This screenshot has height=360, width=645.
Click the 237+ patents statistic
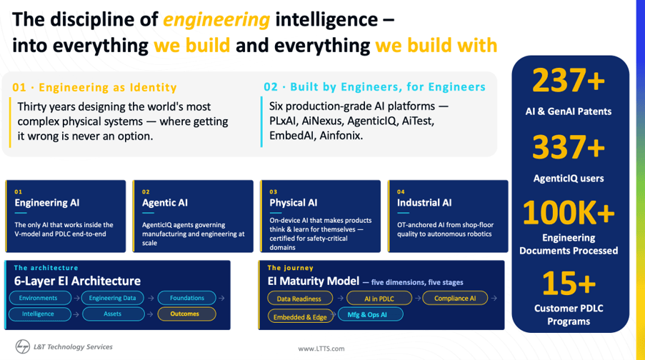[x=569, y=81]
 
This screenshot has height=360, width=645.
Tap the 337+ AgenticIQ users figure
[x=569, y=147]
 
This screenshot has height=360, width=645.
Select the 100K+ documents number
[x=569, y=213]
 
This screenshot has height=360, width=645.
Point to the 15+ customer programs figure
[x=569, y=283]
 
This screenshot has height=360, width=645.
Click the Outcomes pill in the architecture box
[x=186, y=314]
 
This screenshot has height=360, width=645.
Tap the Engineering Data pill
[x=113, y=298]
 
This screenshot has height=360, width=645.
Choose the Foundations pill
[x=186, y=298]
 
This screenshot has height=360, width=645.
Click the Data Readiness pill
[x=300, y=299]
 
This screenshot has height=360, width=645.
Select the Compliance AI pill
[x=455, y=299]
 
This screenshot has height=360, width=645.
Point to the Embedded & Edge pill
[x=300, y=316]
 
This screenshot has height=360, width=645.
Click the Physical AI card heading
[x=294, y=203]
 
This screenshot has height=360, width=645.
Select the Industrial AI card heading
[x=424, y=203]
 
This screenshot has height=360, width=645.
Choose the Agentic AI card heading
[x=164, y=203]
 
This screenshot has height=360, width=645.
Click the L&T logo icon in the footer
[x=23, y=346]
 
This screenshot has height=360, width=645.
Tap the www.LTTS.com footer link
[x=321, y=349]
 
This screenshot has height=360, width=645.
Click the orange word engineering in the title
[x=216, y=20]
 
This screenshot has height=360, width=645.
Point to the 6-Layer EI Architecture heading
[x=77, y=281]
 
